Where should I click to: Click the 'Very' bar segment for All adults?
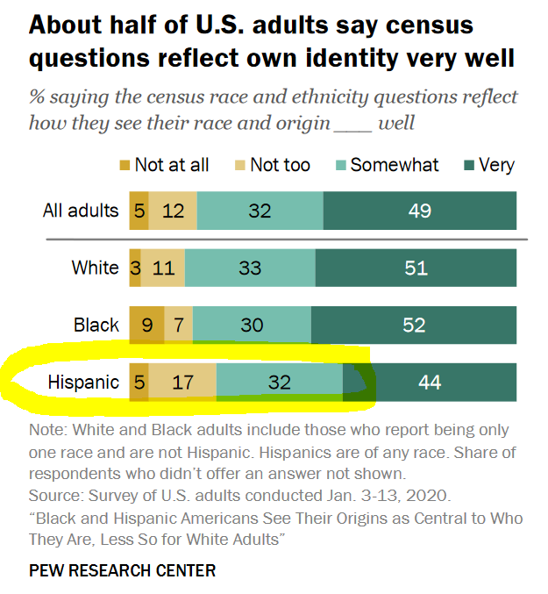click(x=420, y=211)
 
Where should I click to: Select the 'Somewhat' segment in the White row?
click(x=250, y=268)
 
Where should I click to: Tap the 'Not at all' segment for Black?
click(x=146, y=326)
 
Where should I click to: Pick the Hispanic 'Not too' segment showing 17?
click(x=182, y=383)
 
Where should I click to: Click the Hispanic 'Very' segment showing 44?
click(x=430, y=383)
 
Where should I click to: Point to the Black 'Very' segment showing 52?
click(x=414, y=326)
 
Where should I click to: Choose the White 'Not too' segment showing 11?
click(x=163, y=268)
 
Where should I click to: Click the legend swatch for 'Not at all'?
click(x=125, y=165)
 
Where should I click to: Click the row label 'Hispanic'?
click(x=83, y=383)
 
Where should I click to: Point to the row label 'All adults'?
click(x=81, y=211)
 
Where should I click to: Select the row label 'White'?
click(x=95, y=268)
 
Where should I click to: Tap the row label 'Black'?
click(x=96, y=326)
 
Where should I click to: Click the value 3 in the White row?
click(x=136, y=268)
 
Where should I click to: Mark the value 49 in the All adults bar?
click(x=420, y=211)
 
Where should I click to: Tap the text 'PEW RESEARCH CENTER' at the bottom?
click(x=122, y=570)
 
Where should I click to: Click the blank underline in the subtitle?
click(x=352, y=123)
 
